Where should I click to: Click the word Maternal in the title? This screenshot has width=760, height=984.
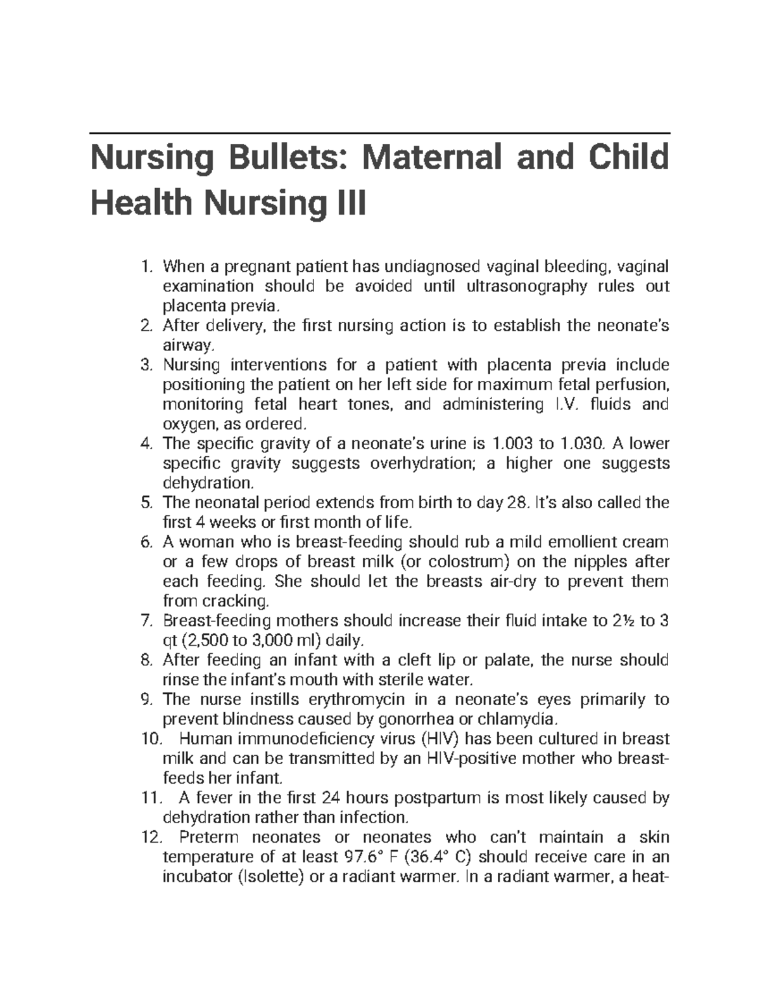click(x=433, y=157)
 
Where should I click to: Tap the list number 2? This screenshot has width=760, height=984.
click(x=146, y=326)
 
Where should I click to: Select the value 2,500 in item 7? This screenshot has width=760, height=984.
click(x=208, y=640)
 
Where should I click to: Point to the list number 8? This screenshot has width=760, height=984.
click(x=146, y=660)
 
